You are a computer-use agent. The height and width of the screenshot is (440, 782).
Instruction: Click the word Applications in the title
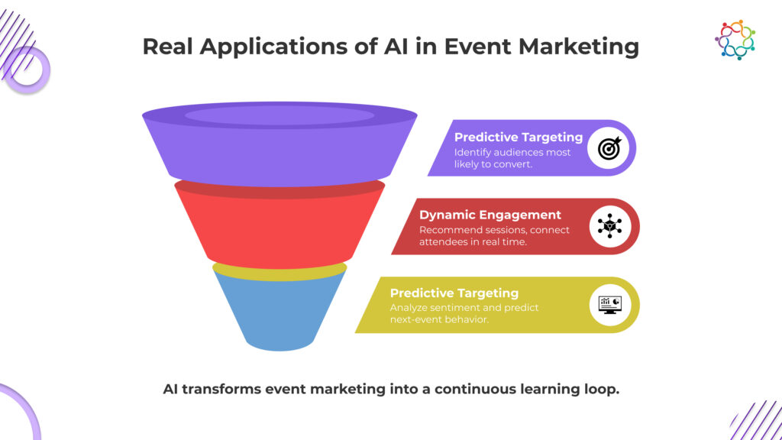click(274, 47)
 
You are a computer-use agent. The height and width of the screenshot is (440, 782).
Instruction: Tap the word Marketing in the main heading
click(579, 47)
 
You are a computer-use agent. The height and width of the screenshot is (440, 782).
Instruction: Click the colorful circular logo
click(735, 40)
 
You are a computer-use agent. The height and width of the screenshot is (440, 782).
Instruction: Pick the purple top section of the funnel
click(280, 144)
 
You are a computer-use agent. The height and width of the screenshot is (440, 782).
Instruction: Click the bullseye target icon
click(609, 148)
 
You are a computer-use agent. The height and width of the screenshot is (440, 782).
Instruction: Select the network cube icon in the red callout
click(609, 226)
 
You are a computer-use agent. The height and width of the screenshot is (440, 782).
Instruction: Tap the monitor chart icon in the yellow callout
click(609, 305)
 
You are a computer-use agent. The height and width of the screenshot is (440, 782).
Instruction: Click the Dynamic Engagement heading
click(490, 215)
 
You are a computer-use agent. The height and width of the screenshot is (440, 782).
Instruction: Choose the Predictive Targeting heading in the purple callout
click(519, 137)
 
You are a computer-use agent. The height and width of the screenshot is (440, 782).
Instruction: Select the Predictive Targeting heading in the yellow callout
click(454, 293)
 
